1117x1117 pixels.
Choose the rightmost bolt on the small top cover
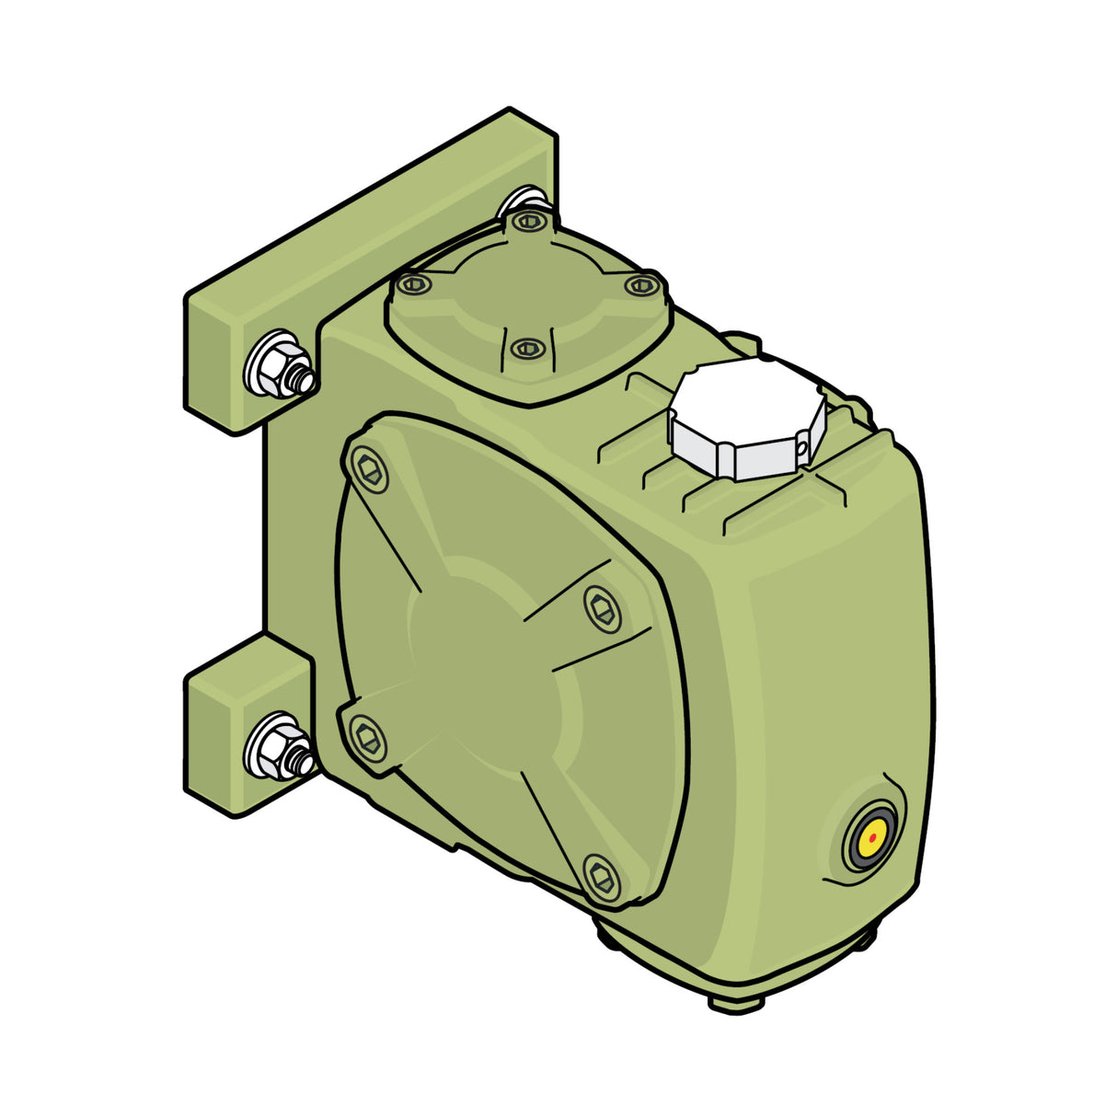point(640,285)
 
